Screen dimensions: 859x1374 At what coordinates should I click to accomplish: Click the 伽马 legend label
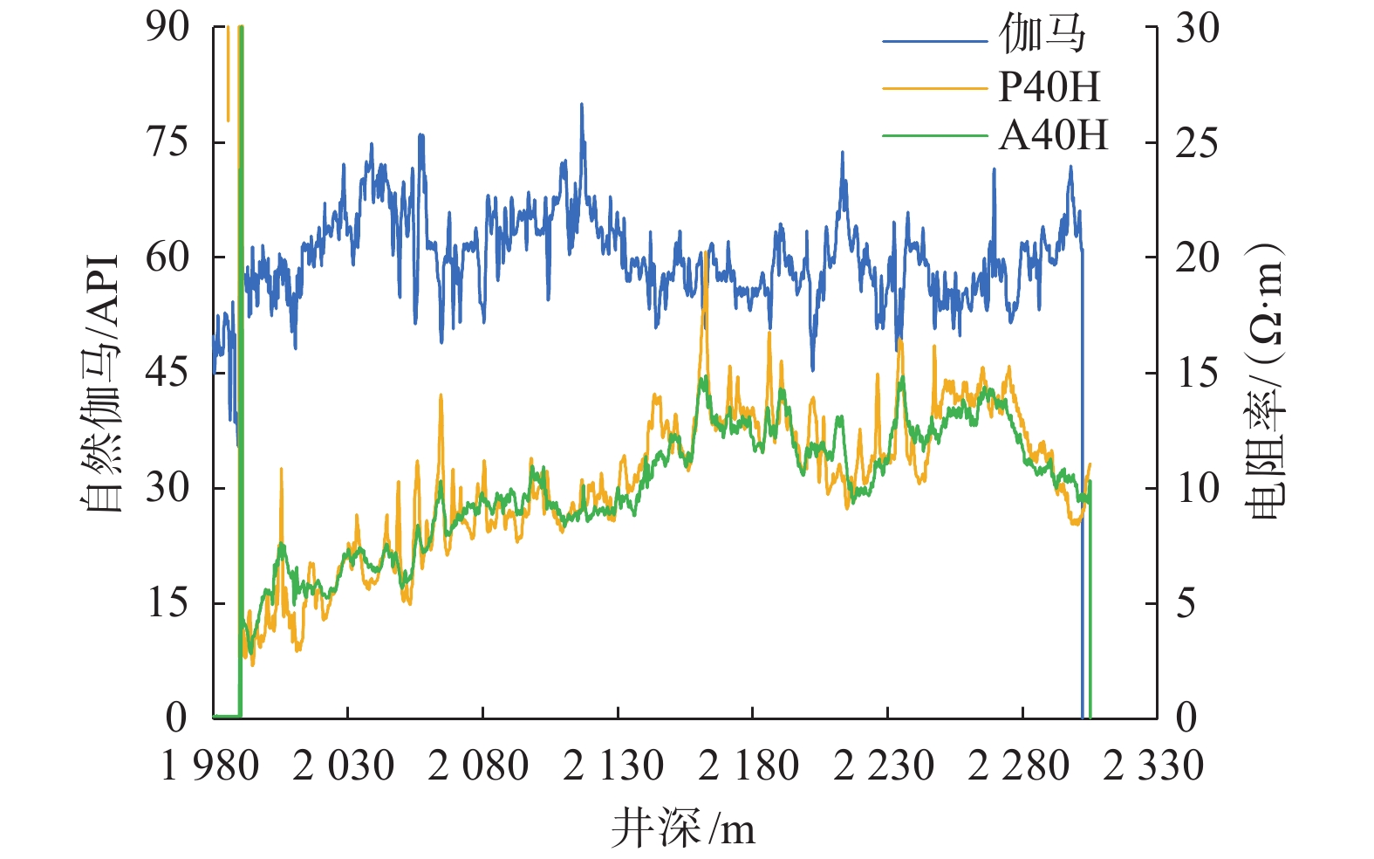coord(1042,36)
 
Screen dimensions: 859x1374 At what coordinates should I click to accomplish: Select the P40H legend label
coord(1049,86)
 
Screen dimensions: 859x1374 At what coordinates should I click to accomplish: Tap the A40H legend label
coord(1053,135)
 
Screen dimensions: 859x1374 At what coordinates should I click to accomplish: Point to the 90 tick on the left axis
coord(167,27)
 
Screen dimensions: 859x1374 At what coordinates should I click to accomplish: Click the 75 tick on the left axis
coord(167,141)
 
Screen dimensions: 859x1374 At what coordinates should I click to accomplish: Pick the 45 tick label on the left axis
coord(167,373)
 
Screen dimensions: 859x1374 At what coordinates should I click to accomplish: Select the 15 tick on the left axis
coord(167,602)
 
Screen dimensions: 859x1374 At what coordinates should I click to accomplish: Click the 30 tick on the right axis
coord(1197,28)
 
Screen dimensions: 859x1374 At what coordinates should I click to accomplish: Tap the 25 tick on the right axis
coord(1197,143)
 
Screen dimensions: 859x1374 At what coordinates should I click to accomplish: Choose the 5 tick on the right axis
coord(1186,603)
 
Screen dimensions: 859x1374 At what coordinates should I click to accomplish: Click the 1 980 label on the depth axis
coord(210,766)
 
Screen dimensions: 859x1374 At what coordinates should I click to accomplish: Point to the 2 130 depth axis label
coord(613,766)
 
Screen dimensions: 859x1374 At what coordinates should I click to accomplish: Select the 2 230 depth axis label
coord(884,766)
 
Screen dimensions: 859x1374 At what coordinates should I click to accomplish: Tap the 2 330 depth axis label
coord(1153,766)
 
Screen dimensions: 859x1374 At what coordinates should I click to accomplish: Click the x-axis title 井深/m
coord(682,828)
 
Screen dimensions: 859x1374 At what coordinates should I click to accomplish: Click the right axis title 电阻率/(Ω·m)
coord(1267,380)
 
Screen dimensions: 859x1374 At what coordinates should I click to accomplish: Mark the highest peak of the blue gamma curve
coord(581,105)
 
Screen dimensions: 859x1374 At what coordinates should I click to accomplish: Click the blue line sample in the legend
coord(933,40)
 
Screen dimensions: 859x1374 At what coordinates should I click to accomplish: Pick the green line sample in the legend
coord(933,136)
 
